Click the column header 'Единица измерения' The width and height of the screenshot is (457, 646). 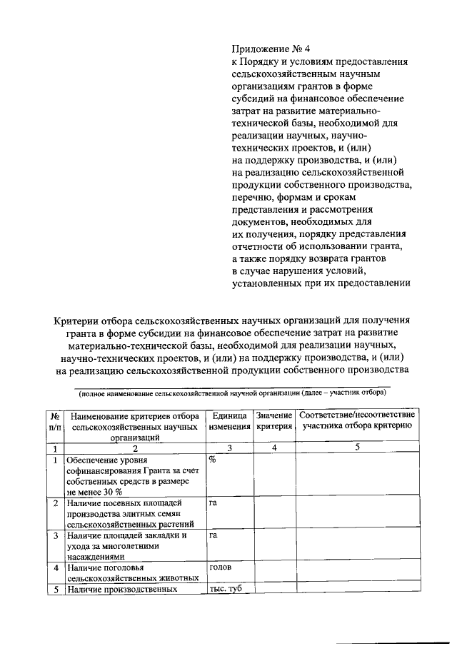point(228,421)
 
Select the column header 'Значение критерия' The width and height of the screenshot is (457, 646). point(274,421)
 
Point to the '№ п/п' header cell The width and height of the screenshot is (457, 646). point(55,421)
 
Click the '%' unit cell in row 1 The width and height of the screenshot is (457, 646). point(213,460)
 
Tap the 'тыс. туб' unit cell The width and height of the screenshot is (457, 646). point(223,589)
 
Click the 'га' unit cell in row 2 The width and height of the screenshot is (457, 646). point(213,503)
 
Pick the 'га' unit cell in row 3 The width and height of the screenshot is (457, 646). point(213,535)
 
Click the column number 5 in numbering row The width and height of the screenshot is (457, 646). point(357,448)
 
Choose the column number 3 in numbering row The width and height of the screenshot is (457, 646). point(229,448)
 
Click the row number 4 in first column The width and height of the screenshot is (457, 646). point(55,568)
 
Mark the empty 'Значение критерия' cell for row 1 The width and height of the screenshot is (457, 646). point(274,475)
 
